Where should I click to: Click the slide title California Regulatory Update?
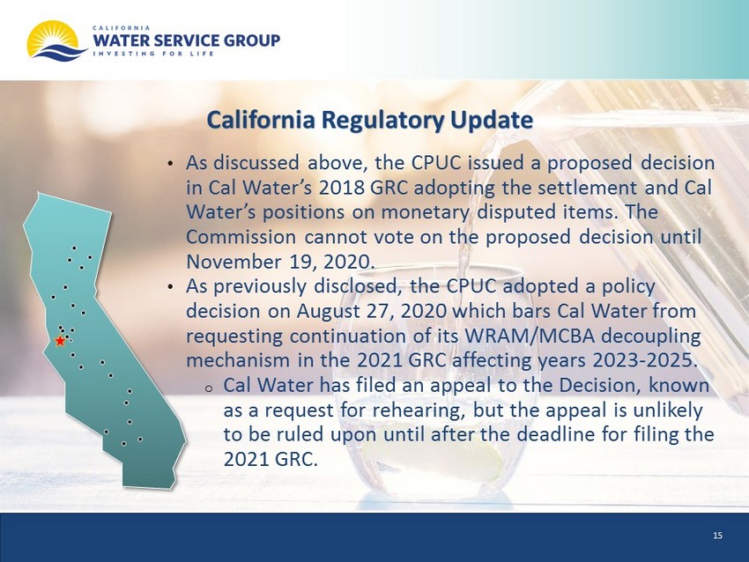pos(370,120)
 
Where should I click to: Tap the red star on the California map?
pos(60,341)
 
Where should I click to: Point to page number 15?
pos(717,536)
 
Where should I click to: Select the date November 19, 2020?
pos(280,262)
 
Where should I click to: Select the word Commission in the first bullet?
pos(241,237)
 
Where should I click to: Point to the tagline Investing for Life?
pos(153,54)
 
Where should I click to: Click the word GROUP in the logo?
pos(252,41)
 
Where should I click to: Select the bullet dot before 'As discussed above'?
pos(171,165)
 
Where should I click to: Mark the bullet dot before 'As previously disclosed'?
pos(171,288)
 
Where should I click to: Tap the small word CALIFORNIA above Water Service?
pos(122,27)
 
